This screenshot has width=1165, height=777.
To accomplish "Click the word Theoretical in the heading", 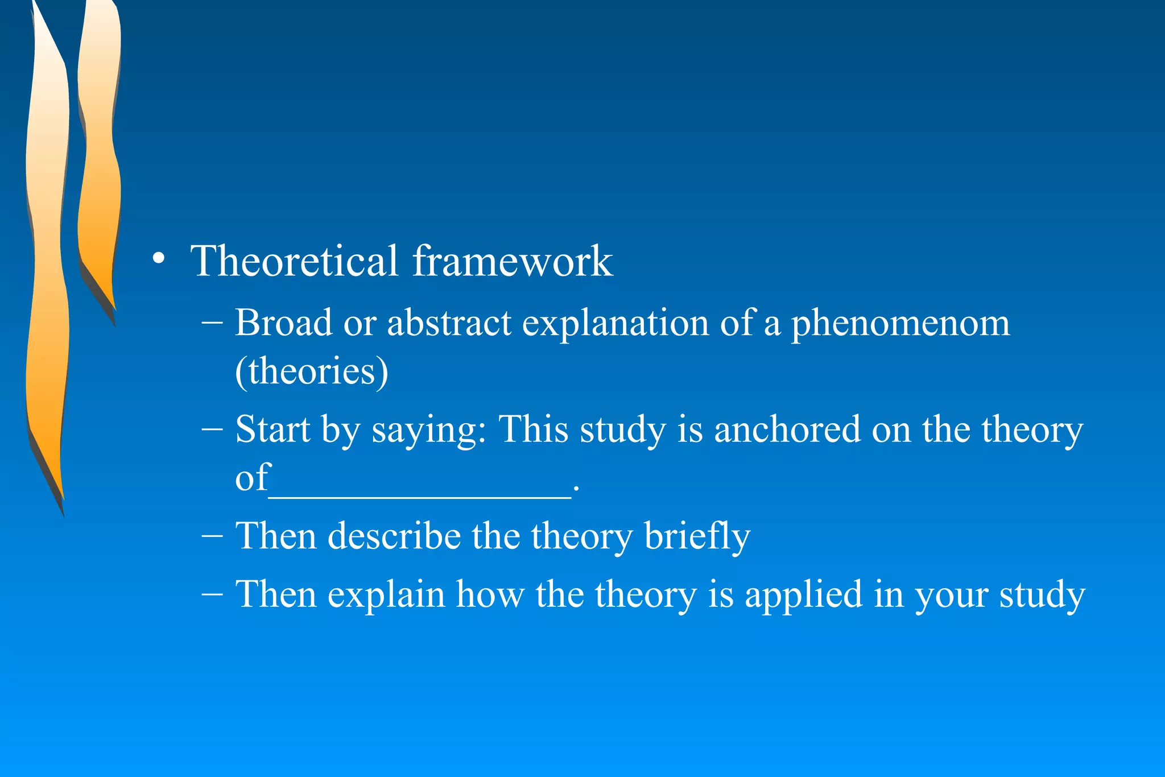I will pos(294,261).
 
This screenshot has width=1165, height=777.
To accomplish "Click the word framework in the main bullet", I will pos(512,261).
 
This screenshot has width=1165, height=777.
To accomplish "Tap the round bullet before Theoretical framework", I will pos(159,259).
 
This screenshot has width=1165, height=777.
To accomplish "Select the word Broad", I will pos(283,323).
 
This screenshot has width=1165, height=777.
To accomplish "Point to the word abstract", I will pos(449,323).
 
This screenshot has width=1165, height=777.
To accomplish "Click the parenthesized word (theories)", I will pos(312,371).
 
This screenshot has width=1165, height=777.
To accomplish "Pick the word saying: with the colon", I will pos(429,430).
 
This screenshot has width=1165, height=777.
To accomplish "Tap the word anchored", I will pos(787,429).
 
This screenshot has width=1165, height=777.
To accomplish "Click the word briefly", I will pos(697,536).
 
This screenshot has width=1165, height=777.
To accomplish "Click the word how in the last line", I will pos(490,594).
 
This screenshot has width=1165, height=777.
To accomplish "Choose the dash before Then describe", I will pos(212,536).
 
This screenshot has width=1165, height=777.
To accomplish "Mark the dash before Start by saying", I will pos(212,429).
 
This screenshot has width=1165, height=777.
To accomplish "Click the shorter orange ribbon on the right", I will pos(98,159).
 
